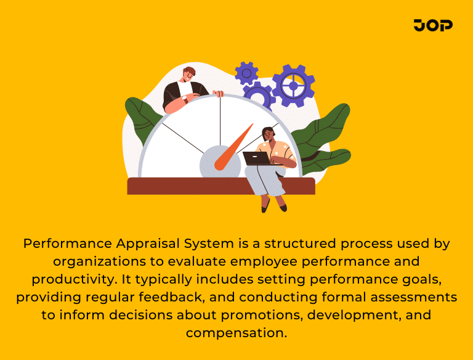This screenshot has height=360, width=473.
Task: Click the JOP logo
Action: click(433, 25)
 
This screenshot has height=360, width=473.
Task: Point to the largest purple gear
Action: click(293, 85)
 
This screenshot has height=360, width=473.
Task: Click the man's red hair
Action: click(189, 71)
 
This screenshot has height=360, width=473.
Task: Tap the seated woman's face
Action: click(268, 134)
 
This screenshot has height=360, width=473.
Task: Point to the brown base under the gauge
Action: click(185, 186)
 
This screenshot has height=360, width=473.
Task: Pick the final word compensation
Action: click(236, 333)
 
